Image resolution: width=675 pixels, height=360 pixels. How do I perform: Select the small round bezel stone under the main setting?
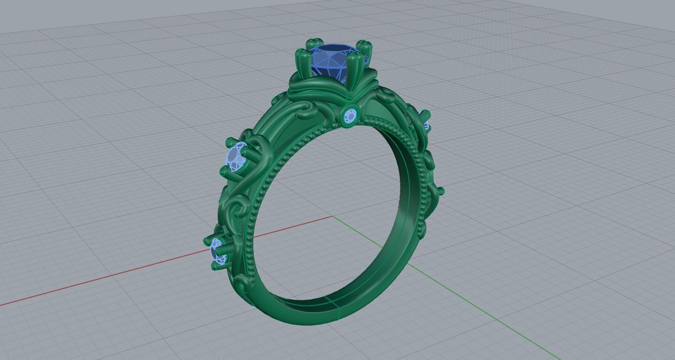pos(351,116)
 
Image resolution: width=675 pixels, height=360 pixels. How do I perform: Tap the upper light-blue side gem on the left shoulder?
pos(236,157)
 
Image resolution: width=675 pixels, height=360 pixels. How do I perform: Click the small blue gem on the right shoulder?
pos(426,126)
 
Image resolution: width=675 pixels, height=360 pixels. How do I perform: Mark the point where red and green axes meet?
pos(333,217)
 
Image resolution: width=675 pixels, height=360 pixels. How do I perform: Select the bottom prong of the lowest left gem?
pos(217,266)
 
